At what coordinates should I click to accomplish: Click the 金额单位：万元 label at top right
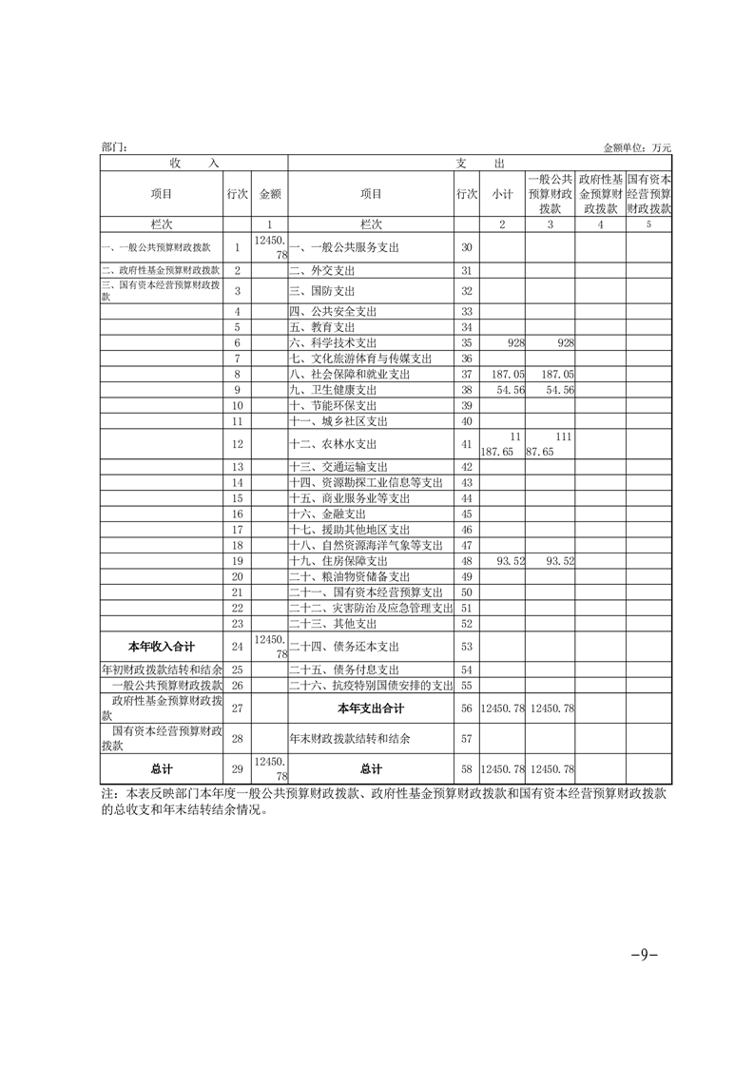pos(637,148)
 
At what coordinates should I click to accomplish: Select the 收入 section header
pos(194,164)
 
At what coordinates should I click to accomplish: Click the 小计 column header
pos(503,194)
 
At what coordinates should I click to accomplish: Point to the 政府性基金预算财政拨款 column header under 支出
pos(600,193)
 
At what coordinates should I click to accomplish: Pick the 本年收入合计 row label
pos(161,647)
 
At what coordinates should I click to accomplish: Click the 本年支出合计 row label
pos(371,708)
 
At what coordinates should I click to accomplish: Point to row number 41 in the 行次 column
pos(466,444)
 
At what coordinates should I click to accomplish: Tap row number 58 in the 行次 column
pos(466,768)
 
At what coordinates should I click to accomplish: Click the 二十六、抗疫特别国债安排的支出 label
pos(371,686)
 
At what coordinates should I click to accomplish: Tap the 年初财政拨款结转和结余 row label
pos(161,669)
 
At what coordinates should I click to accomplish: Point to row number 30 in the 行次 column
pos(466,247)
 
